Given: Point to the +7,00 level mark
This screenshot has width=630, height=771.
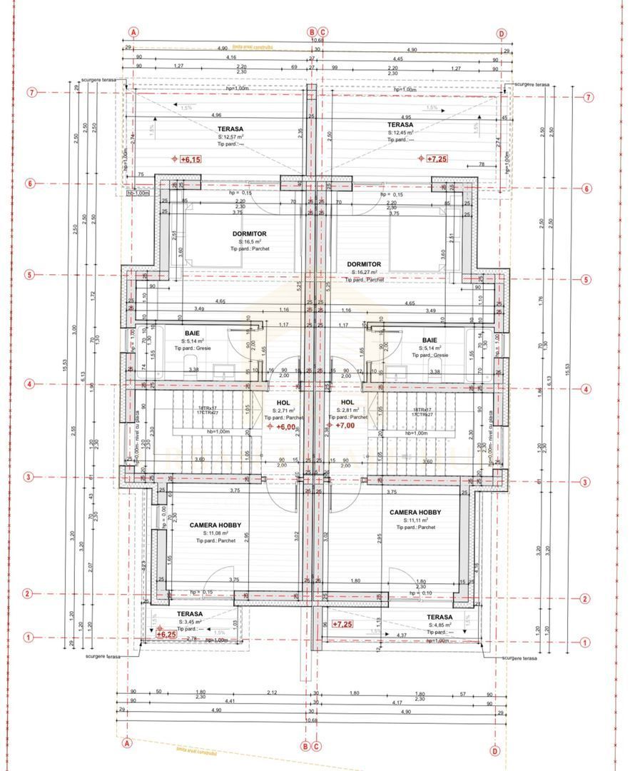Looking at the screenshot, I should [x=345, y=425].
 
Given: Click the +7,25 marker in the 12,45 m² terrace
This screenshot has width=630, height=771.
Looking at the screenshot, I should [x=437, y=158].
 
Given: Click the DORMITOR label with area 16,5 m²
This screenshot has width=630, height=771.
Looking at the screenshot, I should [x=249, y=233].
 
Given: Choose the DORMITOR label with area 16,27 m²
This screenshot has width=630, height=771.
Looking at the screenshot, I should [x=364, y=264].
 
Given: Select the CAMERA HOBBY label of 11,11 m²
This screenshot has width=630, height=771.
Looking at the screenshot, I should [x=415, y=513].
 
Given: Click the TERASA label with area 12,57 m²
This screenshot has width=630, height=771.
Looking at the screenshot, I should [x=230, y=129].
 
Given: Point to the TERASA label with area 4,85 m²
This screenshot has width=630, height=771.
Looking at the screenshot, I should [x=440, y=617].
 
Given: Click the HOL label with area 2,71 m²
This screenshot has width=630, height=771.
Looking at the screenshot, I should [x=283, y=403].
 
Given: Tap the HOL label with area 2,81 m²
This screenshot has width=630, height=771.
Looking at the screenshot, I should [x=348, y=403].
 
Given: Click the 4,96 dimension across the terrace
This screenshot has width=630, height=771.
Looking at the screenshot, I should [x=216, y=115].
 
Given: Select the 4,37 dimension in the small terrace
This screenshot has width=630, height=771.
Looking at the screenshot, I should [x=402, y=635].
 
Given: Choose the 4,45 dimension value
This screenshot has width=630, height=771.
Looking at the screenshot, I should [x=417, y=59].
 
